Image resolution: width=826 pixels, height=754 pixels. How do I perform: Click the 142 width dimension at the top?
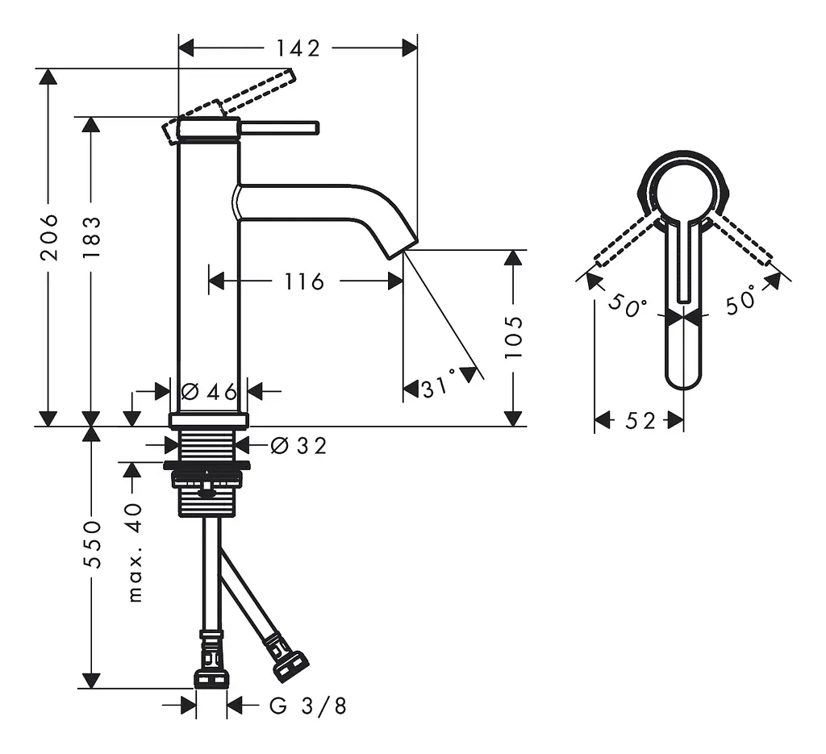pos(298,48)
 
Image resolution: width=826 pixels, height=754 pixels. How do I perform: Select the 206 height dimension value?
pos(49,237)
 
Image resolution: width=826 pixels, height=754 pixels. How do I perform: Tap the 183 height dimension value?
pos(92,237)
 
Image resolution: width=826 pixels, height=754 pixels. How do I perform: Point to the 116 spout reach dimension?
pos(304,281)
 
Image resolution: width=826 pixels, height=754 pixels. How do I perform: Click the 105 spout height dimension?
pos(513,338)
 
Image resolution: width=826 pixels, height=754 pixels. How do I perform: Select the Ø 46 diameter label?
pos(209,391)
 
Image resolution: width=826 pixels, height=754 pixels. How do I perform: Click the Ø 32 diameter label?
pos(298,446)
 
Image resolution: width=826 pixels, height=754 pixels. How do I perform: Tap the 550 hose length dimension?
pos(92,544)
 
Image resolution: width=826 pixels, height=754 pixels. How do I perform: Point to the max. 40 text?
pos(136,552)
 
